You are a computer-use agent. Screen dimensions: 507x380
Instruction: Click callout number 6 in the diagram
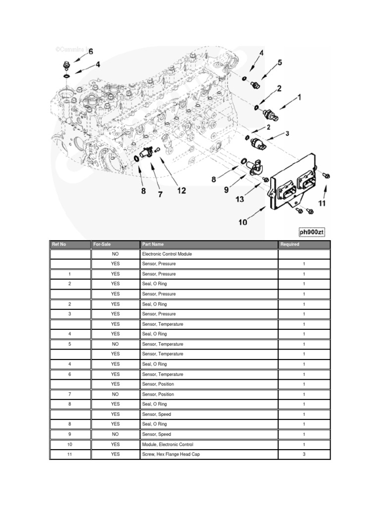point(90,51)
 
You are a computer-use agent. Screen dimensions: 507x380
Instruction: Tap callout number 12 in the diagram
point(182,191)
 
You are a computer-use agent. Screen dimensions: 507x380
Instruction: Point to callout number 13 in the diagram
point(240,199)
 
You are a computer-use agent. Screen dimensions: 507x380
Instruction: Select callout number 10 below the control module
point(242,222)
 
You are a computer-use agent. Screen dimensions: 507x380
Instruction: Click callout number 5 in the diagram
point(280,62)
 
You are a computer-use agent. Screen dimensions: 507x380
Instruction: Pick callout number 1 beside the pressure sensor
point(299,98)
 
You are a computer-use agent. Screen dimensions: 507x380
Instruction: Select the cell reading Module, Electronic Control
point(167,445)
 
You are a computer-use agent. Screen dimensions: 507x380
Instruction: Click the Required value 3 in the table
point(304,455)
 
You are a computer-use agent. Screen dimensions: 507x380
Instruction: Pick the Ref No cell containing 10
point(70,445)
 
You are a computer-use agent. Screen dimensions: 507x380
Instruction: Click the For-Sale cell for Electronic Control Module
point(115,254)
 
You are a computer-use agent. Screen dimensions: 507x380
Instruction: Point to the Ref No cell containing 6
point(70,374)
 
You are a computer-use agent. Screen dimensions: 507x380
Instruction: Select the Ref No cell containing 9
point(70,434)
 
